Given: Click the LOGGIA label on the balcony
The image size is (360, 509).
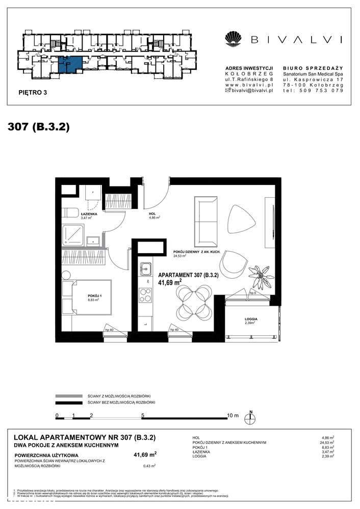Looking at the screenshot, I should click(x=250, y=319).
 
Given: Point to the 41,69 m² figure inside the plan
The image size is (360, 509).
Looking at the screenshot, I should click(x=170, y=282).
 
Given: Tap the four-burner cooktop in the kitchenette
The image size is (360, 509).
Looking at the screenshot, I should click(x=145, y=294).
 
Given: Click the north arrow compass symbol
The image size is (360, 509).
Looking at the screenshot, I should click(x=250, y=417).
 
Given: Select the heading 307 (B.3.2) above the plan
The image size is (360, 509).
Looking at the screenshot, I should click(x=39, y=127).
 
